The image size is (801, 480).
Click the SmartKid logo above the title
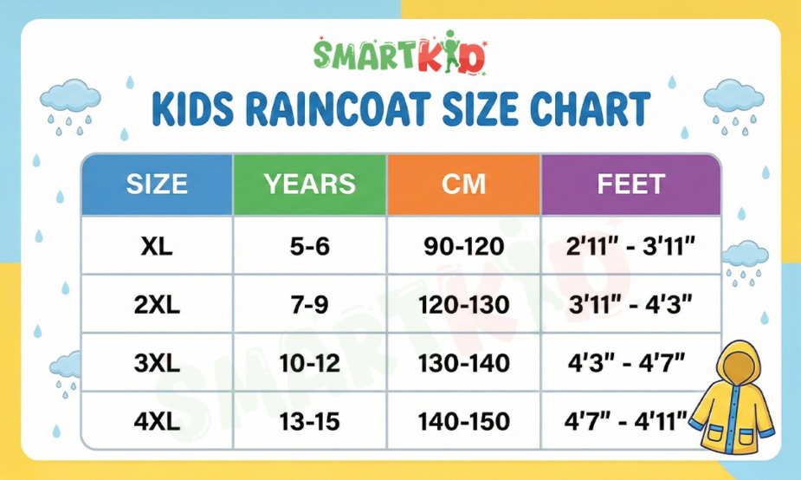point(400,55)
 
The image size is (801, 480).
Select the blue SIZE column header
point(157,184)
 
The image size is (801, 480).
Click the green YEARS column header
point(310,184)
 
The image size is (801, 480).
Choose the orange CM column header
point(463,184)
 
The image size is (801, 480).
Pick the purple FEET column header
point(630,184)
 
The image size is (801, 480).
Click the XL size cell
point(157,247)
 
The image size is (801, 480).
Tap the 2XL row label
point(157,305)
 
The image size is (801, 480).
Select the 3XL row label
point(157,364)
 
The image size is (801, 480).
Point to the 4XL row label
point(157,422)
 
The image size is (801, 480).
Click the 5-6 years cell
point(310,247)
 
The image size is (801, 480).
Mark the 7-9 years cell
point(310,305)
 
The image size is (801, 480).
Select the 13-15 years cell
point(310,422)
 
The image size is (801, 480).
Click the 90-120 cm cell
point(463,247)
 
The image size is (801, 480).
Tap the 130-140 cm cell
point(463,364)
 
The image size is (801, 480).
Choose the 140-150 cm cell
point(463,422)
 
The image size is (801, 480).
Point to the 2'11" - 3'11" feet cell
point(630,247)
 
